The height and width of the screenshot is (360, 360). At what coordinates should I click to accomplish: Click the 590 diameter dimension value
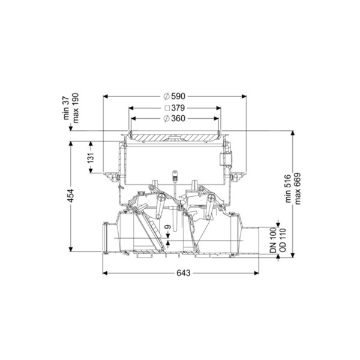point(178,96)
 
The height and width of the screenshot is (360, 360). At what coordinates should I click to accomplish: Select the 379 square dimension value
point(178,107)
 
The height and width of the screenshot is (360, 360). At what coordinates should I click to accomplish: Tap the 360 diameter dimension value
point(178,118)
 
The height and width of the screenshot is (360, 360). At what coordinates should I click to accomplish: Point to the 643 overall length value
point(184,273)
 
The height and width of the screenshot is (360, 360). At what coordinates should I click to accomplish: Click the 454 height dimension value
point(71,196)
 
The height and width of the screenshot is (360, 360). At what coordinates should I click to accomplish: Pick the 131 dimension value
point(91,158)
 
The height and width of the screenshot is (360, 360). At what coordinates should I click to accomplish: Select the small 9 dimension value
point(168,227)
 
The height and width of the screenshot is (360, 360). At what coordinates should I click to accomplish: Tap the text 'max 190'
point(76,108)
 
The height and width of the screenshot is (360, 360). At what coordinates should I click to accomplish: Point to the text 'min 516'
point(288,188)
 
